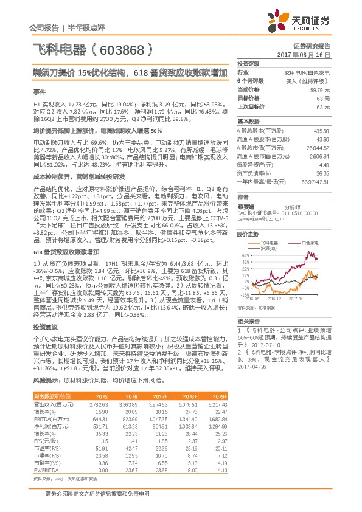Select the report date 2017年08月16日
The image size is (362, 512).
point(311,54)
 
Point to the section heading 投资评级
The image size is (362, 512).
point(248,63)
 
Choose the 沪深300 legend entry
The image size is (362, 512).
point(277,248)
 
